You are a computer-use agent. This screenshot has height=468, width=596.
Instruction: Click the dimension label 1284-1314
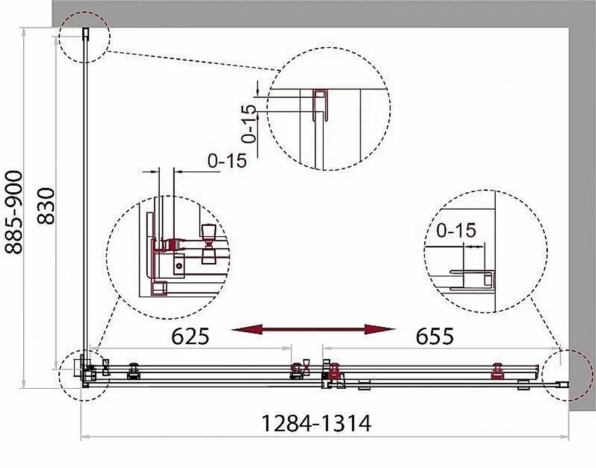click(x=316, y=423)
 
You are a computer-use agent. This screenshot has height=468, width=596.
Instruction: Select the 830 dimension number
click(x=46, y=206)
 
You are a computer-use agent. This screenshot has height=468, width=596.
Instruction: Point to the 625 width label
click(x=190, y=336)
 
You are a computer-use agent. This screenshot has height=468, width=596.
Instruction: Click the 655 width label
click(x=434, y=336)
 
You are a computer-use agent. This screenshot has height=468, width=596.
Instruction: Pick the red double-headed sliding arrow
click(x=313, y=329)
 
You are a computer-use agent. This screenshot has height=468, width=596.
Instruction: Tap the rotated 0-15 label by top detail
click(x=249, y=123)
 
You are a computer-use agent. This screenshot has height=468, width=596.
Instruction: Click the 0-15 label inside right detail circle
click(x=456, y=230)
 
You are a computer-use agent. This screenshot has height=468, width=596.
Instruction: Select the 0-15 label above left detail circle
click(x=227, y=161)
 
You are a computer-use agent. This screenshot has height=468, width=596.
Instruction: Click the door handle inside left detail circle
click(x=209, y=244)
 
